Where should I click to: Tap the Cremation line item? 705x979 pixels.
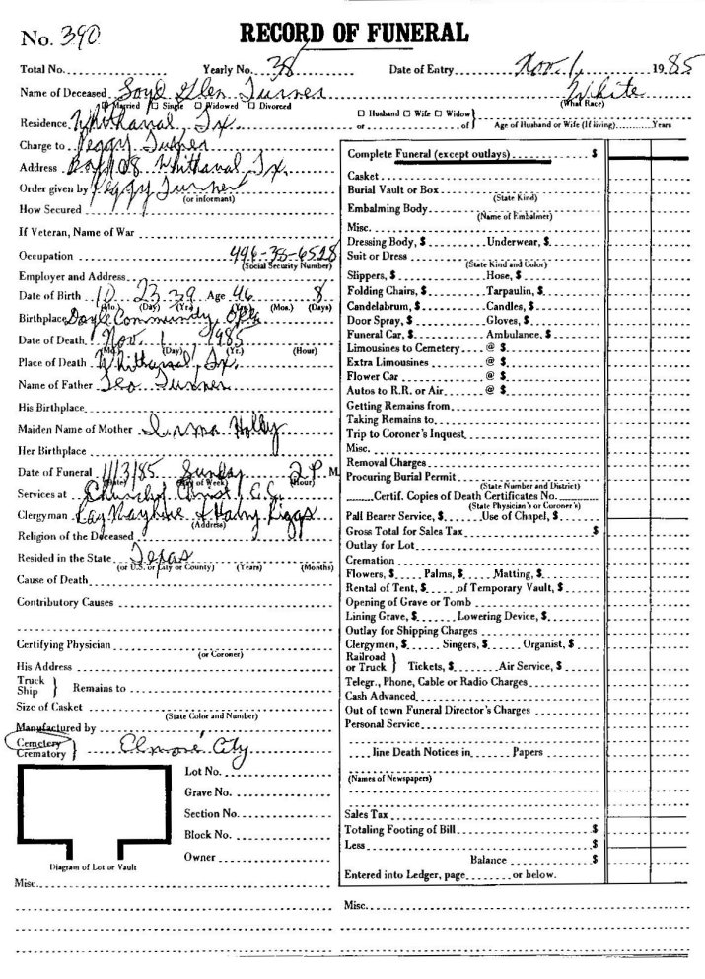pyautogui.click(x=373, y=558)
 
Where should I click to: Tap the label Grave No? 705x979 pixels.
pyautogui.click(x=208, y=791)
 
